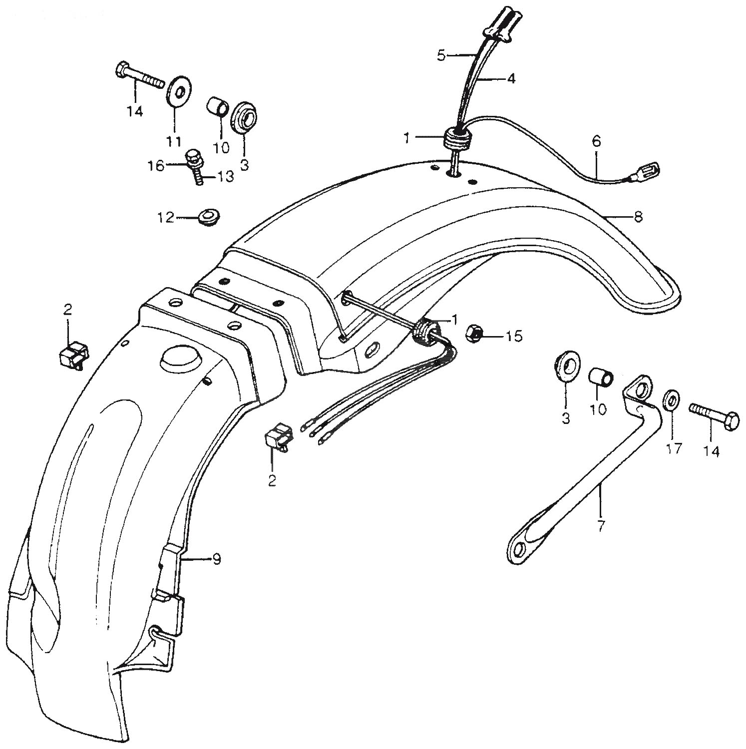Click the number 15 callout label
tap(514, 337)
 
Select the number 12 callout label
tap(166, 218)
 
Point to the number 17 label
tap(674, 449)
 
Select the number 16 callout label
tap(157, 166)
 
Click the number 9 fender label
tap(216, 560)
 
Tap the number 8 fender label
tap(638, 217)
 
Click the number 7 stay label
tap(601, 525)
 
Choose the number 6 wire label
tap(597, 141)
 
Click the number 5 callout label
tap(440, 55)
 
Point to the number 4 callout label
tap(511, 78)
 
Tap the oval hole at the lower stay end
tap(519, 549)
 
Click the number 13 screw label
tap(225, 177)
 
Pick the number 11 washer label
tap(173, 141)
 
